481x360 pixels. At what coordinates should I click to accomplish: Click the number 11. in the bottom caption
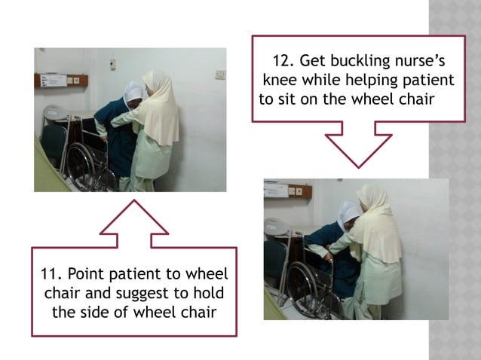51,274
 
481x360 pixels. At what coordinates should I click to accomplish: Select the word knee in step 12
280,81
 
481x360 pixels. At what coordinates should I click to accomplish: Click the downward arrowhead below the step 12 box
358,150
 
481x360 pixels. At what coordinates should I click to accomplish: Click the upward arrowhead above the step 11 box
134,217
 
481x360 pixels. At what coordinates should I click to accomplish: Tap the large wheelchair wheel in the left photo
81,165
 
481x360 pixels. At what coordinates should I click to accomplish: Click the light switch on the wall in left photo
220,74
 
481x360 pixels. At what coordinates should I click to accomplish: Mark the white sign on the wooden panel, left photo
54,81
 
